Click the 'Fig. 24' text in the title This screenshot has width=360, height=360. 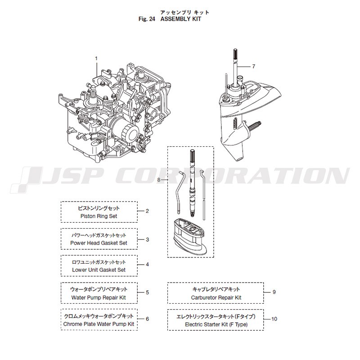point(147,19)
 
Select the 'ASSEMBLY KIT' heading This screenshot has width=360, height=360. point(181,19)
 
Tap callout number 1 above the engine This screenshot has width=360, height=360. point(96,58)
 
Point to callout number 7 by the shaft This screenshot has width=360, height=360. point(253,66)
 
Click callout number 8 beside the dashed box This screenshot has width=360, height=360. point(159,180)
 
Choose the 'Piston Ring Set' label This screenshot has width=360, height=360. point(99,216)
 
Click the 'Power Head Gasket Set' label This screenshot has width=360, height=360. point(99,243)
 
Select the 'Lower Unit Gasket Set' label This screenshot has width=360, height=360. point(99,270)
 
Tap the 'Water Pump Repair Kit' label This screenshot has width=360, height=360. point(99,297)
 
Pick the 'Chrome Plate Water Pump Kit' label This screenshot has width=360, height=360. point(99,324)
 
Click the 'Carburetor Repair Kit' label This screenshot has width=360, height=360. point(216,297)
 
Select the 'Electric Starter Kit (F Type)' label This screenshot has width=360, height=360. point(216,324)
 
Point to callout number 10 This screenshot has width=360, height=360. point(274,319)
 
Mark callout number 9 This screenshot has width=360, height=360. point(274,292)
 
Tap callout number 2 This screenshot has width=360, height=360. point(147,211)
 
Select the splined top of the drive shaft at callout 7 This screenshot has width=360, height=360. point(235,54)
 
